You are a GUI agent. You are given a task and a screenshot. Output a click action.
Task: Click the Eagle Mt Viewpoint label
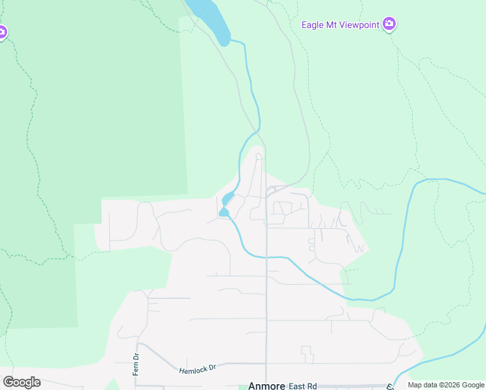point(340,25)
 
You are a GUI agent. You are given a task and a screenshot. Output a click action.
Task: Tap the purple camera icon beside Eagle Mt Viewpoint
point(389,25)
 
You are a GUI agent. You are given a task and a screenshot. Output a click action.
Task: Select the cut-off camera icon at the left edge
point(2,32)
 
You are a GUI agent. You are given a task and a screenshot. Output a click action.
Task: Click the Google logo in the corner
point(21,382)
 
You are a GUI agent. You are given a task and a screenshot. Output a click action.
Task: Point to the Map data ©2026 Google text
point(446,385)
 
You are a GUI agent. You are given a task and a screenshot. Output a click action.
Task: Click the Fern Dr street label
point(136,365)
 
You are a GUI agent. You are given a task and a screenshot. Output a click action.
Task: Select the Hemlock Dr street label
point(198,369)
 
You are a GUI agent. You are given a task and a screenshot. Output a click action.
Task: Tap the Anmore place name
point(266,385)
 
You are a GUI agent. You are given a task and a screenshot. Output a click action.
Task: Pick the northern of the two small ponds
point(228,198)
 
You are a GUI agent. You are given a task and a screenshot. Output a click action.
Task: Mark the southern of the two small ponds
point(224,212)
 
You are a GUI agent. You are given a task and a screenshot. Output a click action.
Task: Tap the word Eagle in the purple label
point(313,25)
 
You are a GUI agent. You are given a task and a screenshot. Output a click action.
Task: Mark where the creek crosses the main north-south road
point(266,257)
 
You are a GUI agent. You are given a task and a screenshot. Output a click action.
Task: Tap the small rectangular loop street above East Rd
point(307,354)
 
